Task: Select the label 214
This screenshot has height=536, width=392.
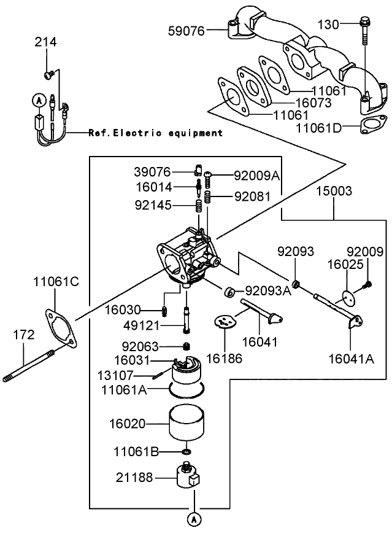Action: click(45, 42)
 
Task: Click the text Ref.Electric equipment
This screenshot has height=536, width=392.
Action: click(155, 133)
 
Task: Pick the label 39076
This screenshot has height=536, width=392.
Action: click(152, 171)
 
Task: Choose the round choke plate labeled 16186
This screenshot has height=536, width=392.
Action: click(225, 322)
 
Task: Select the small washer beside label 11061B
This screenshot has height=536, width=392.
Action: click(186, 452)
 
